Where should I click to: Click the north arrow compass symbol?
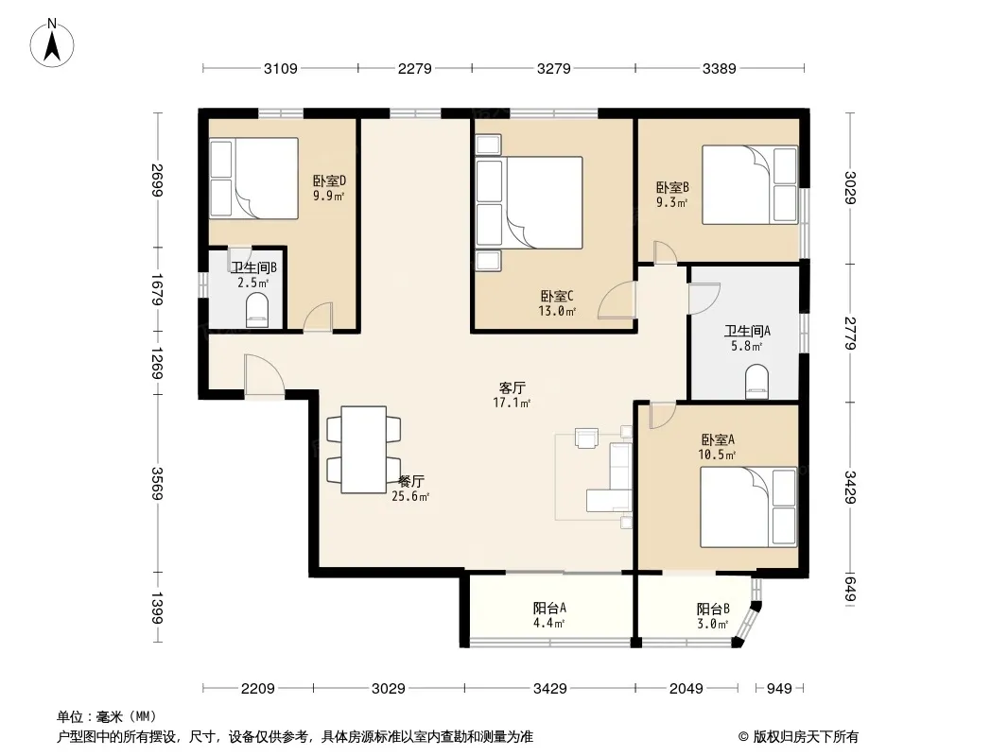pos(52,43)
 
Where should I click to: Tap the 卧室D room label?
pos(330,181)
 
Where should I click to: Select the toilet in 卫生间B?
pos(257,310)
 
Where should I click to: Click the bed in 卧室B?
pos(750,185)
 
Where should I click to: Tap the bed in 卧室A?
pos(748,507)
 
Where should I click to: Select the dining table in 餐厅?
pos(364,450)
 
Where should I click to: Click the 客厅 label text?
pos(512,388)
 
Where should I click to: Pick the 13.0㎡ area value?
pos(557,312)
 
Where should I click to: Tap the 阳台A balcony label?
pos(549,608)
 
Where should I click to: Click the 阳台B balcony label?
pos(713,609)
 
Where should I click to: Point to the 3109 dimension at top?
pos(280,68)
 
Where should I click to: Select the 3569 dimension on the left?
pos(157,483)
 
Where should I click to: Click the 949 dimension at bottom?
pos(779,689)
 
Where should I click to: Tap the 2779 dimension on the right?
pos(850,334)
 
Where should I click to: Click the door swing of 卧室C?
pos(617,301)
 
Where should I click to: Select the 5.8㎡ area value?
pos(747,346)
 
